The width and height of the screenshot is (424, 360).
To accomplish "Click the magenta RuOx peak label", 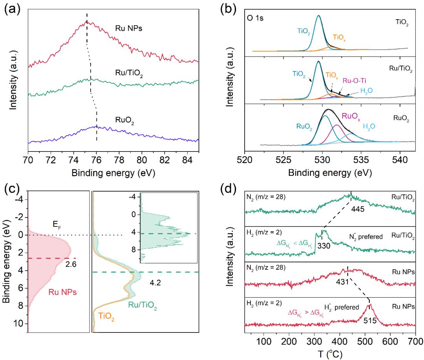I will click(x=353, y=116).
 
